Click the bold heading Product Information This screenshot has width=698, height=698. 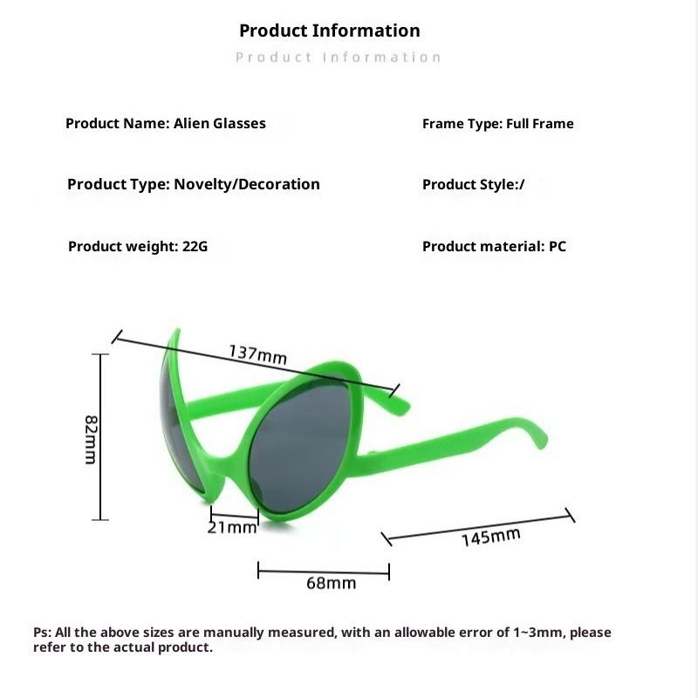click(330, 31)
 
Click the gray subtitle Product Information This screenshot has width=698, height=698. click(339, 58)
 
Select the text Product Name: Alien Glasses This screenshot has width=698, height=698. click(166, 123)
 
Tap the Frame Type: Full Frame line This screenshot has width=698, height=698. click(497, 124)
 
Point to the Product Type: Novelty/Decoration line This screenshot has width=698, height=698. click(194, 184)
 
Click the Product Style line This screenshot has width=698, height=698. click(474, 185)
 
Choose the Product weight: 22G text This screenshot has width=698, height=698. click(138, 246)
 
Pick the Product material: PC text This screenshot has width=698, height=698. click(494, 246)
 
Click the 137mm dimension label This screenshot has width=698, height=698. click(258, 354)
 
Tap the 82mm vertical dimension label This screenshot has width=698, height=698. click(91, 438)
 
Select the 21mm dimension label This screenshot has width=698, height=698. click(233, 527)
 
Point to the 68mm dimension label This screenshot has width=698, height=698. click(331, 583)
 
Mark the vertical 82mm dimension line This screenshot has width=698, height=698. click(102, 436)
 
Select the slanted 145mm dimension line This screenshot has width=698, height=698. click(480, 527)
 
